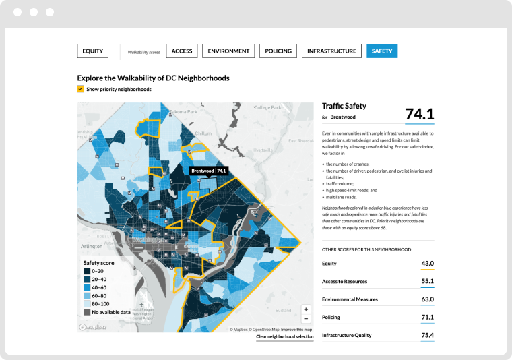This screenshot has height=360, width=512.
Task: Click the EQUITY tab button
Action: (x=93, y=51)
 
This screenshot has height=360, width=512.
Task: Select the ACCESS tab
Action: (x=182, y=51)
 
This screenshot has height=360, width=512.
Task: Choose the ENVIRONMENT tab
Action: (x=228, y=51)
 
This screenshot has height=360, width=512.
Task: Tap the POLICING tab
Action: (x=278, y=51)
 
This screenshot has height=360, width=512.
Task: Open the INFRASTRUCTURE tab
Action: (x=331, y=51)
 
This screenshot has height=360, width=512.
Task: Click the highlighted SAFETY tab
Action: (x=382, y=51)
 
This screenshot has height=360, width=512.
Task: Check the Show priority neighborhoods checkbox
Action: (x=81, y=89)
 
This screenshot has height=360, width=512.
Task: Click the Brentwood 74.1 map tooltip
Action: (x=209, y=171)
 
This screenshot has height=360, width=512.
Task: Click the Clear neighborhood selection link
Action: (x=285, y=336)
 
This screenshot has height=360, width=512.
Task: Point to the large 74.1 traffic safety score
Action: (x=419, y=114)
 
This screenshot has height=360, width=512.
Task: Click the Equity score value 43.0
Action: (x=427, y=264)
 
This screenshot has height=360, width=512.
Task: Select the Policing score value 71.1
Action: (x=427, y=317)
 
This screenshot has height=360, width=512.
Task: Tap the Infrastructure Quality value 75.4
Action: (x=427, y=335)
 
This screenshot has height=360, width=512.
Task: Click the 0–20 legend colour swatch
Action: (x=87, y=270)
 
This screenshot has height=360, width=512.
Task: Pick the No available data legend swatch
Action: (x=87, y=312)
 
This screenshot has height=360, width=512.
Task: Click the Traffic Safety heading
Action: (x=344, y=106)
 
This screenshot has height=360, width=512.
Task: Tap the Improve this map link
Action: (x=296, y=330)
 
